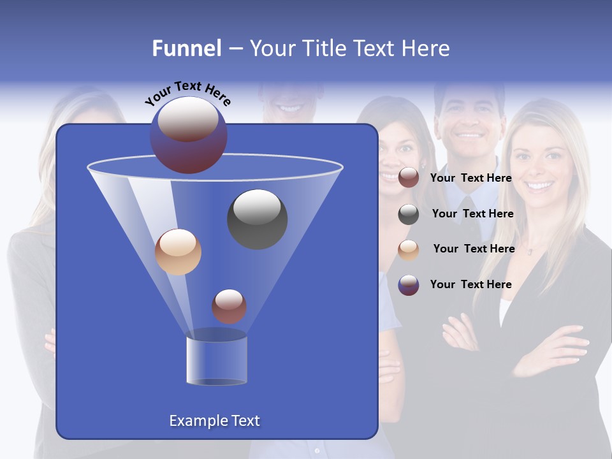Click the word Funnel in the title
coord(187,48)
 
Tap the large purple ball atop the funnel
coord(189,135)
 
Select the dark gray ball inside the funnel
coord(258,219)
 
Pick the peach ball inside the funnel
coord(178,252)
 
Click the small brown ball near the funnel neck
coord(229,306)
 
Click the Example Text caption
coord(214,421)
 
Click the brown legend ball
coord(409,178)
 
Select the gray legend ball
coord(409,214)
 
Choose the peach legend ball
coord(409,250)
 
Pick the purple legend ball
coord(409,285)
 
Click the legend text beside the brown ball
coord(470,178)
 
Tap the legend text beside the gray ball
coord(472,214)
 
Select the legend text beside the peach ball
coord(474,249)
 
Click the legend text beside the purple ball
coord(470,284)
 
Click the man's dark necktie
coord(470,217)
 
